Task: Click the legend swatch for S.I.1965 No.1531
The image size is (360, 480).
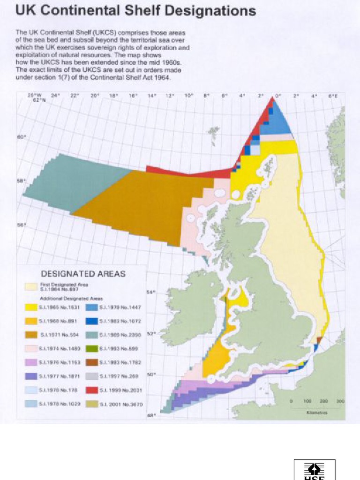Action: click(x=31, y=307)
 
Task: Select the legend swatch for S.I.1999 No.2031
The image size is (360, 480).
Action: click(x=92, y=390)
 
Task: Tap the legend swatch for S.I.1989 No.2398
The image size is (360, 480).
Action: click(x=92, y=335)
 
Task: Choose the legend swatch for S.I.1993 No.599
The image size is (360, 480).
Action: click(x=92, y=349)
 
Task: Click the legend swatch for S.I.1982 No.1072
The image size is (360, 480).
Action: click(x=92, y=321)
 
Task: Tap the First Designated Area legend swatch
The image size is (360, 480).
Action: click(x=31, y=286)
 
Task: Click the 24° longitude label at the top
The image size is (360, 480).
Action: click(x=55, y=95)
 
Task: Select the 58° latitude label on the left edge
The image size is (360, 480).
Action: click(x=21, y=180)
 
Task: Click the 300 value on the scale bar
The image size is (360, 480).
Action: click(x=340, y=402)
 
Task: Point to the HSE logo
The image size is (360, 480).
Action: click(x=315, y=470)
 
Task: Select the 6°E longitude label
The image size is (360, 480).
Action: click(x=333, y=95)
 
